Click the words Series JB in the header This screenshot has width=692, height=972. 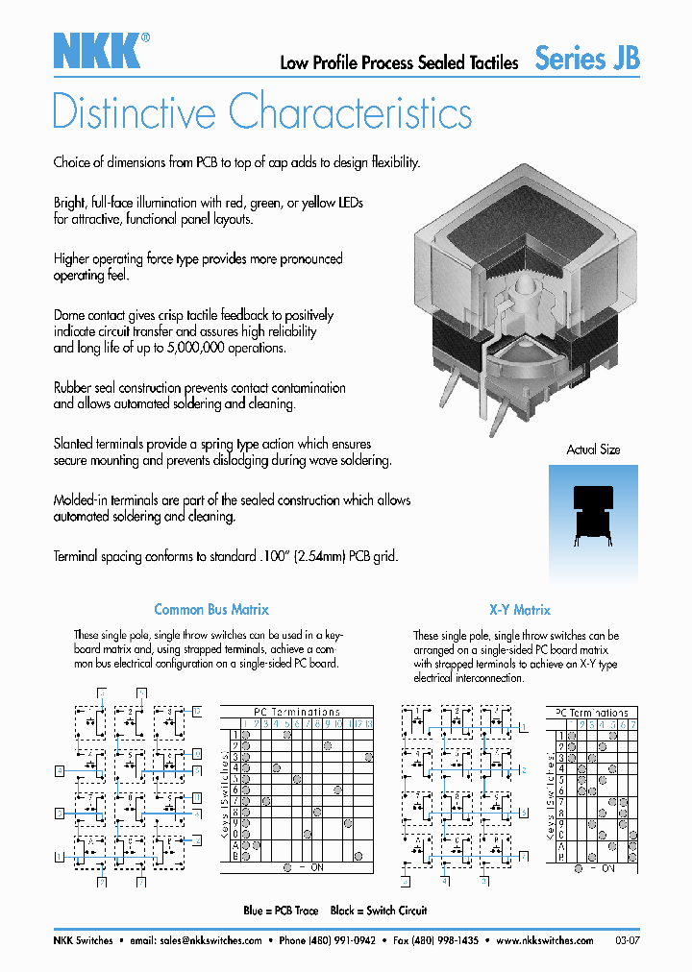(586, 59)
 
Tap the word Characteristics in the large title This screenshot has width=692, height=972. (351, 112)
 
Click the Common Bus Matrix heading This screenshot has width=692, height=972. (211, 609)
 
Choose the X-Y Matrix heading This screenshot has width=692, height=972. (518, 609)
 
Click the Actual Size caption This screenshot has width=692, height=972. (593, 450)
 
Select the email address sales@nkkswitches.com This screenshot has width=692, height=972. (210, 940)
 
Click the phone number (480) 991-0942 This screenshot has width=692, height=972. (341, 940)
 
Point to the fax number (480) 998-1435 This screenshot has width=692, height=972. (443, 940)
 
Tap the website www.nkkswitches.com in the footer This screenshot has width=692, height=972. (545, 940)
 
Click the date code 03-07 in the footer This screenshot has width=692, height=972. (626, 940)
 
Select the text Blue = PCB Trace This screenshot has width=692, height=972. (281, 910)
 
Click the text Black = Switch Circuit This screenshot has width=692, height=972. (378, 910)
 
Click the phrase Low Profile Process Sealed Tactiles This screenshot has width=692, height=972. (399, 63)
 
